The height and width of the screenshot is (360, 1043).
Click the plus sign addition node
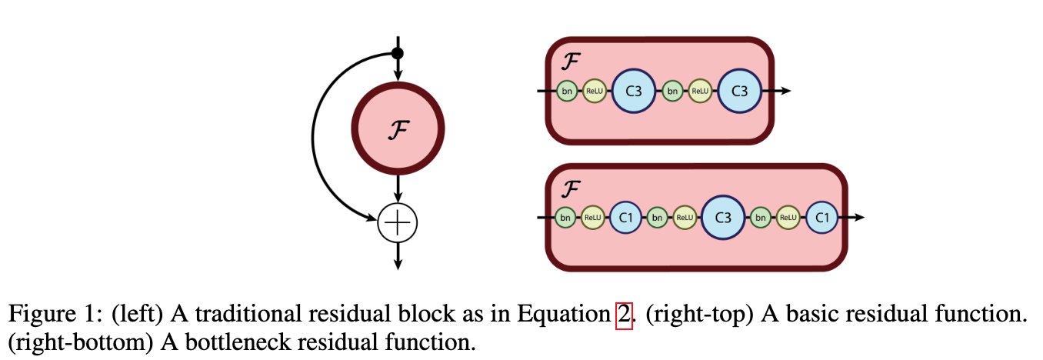point(398,224)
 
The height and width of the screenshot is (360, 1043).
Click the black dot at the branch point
point(398,53)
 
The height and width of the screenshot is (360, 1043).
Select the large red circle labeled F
point(398,131)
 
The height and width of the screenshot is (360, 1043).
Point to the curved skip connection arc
point(315,138)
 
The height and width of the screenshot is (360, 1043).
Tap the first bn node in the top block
point(568,92)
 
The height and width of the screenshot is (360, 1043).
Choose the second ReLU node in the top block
point(699,92)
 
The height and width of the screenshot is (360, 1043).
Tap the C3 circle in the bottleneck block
point(723,218)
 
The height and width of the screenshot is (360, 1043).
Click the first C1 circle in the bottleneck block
point(625,218)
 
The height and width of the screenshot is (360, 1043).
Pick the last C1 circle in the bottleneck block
point(822,218)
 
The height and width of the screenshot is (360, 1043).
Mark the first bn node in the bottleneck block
point(565,218)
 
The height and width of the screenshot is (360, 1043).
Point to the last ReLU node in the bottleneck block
point(788,218)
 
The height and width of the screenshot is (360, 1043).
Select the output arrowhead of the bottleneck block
point(859,218)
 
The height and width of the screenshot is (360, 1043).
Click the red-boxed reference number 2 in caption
point(624,314)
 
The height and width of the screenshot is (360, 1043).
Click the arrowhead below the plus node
point(398,263)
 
